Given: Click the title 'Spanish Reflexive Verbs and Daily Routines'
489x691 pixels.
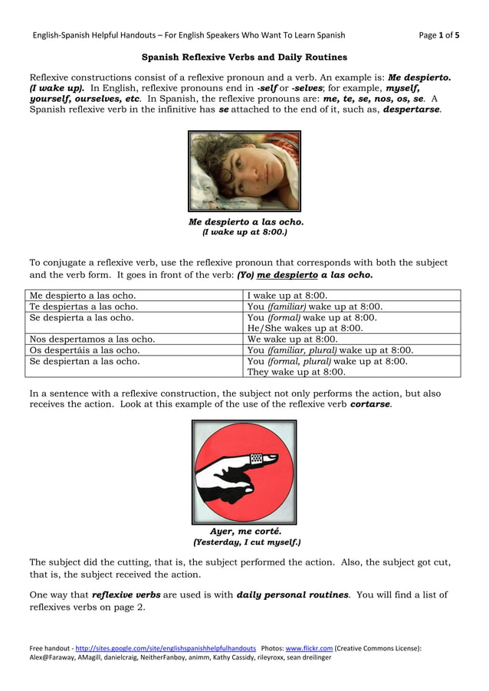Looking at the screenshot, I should click(x=244, y=57).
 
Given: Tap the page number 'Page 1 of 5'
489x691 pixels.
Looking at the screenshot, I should click(x=440, y=34).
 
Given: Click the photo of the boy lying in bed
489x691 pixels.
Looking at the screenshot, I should click(x=244, y=171).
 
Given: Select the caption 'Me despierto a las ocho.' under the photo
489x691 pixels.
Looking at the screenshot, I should click(x=246, y=222).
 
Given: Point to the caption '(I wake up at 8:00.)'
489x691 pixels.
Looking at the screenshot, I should click(x=244, y=232).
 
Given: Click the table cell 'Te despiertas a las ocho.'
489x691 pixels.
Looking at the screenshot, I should click(x=84, y=306).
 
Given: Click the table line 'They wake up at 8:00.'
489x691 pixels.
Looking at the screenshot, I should click(x=296, y=372).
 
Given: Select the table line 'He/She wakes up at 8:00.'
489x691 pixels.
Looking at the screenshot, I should click(x=304, y=328).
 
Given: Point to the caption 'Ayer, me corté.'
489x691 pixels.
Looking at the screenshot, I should click(x=245, y=531).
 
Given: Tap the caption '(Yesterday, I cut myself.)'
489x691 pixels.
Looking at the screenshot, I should click(x=246, y=542).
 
